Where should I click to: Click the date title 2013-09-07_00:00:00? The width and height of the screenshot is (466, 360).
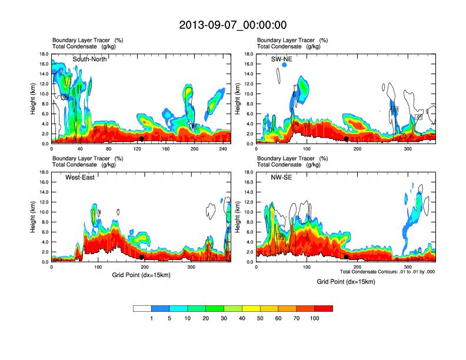(232, 25)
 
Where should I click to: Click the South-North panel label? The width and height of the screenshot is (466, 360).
(89, 59)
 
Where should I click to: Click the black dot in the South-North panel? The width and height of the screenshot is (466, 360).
(141, 139)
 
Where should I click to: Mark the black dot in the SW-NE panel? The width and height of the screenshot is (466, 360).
(347, 139)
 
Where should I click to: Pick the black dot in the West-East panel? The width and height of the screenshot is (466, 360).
(141, 257)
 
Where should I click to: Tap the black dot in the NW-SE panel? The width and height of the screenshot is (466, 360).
(347, 257)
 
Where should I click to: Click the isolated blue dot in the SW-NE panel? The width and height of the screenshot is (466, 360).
(284, 65)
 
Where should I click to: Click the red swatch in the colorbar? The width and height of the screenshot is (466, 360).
(324, 308)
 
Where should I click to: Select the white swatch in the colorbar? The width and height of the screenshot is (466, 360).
(142, 308)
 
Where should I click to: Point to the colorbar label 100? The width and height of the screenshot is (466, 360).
(315, 318)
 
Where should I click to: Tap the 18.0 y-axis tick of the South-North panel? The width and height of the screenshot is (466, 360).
(44, 54)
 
